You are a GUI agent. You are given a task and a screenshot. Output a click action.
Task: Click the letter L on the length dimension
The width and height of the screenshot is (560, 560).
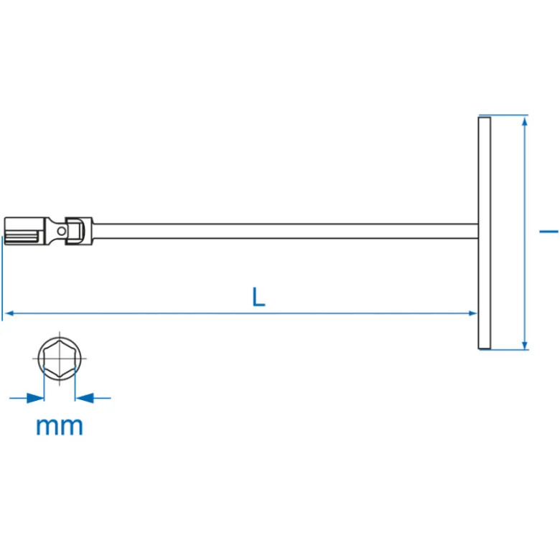pyautogui.click(x=258, y=297)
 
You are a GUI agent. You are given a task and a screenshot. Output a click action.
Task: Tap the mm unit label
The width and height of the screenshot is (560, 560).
pyautogui.click(x=60, y=426)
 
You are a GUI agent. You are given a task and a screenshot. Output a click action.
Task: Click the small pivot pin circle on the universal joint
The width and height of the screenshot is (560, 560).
pyautogui.click(x=62, y=231)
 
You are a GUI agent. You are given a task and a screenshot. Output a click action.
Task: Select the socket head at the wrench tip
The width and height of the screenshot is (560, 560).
pyautogui.click(x=24, y=231)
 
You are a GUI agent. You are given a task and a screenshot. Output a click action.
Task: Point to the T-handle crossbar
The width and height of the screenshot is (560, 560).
pyautogui.click(x=485, y=233)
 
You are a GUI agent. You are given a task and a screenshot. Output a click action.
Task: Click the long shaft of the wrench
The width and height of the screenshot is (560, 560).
pyautogui.click(x=285, y=231)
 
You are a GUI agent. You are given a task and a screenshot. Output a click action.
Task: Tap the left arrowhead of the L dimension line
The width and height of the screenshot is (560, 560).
pyautogui.click(x=9, y=313)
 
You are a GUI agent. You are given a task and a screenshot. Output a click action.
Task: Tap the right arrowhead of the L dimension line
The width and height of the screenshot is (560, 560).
pyautogui.click(x=472, y=313)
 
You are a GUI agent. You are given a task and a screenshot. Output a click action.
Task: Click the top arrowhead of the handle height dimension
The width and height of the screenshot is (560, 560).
pyautogui.click(x=525, y=122)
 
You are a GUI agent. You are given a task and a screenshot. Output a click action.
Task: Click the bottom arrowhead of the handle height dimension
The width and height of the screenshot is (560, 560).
pyautogui.click(x=525, y=345)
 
